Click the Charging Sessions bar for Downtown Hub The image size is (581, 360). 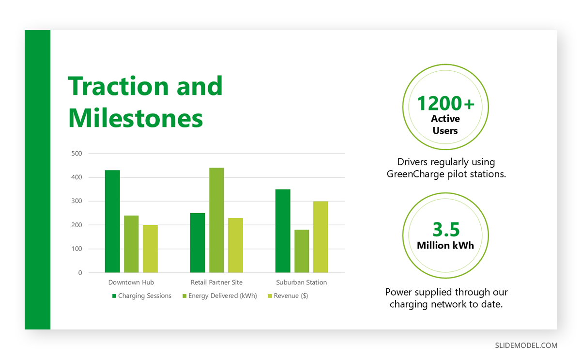pos(112,221)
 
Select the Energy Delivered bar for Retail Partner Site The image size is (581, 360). pos(216,220)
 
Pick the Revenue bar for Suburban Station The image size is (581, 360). pos(321,237)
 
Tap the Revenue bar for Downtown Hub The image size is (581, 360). pos(150,249)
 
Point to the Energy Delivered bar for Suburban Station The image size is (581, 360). pos(302,251)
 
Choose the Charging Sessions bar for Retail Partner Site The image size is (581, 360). pos(198,243)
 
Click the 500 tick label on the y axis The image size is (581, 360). pos(76,154)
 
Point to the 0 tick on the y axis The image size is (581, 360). pos(80,273)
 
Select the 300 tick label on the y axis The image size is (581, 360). pos(76,201)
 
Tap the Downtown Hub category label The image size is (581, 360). pos(131,282)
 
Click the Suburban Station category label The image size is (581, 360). pos(301,282)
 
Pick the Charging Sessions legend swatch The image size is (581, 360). pos(114,296)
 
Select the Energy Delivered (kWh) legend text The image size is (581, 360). pos(223,296)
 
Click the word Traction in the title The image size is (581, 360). pos(118,86)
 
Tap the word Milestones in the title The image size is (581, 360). pos(136,118)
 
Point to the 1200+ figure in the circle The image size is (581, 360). pos(445,103)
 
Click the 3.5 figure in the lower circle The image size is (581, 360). pos(446,230)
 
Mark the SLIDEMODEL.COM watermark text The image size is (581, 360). pos(526,345)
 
